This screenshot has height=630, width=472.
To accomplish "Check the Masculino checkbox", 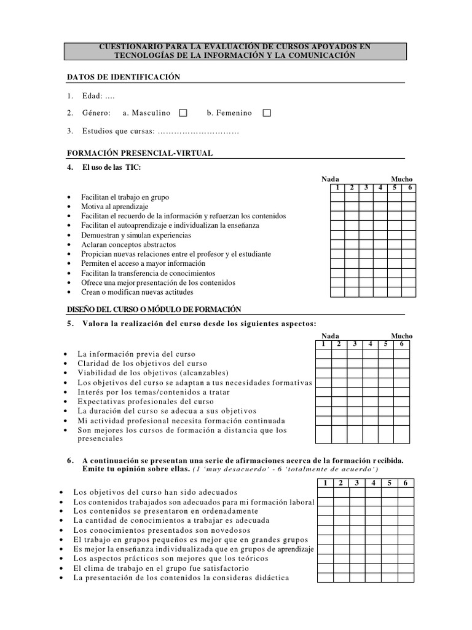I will pos(183,113).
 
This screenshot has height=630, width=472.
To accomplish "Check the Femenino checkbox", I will pos(266,113).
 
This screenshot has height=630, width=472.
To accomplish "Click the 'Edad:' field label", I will pos(93,96).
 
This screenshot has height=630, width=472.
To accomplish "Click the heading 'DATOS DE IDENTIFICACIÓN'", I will pos(123,77).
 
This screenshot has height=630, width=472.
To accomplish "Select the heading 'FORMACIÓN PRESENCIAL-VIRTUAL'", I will pos(140,153).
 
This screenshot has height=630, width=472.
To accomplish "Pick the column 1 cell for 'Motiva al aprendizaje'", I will pos(337,207).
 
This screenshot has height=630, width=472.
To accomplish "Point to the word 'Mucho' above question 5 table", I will pos(402,336).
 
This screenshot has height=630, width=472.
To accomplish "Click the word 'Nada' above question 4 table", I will pos(330,179).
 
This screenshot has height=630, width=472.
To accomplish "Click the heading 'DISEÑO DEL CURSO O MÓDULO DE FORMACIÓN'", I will pos(154,309).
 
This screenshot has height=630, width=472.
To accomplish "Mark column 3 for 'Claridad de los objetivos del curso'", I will pos(354,364).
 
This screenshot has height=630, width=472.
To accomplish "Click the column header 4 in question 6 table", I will pos(372,483).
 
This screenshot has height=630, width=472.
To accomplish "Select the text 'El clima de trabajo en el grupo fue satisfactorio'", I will pos(161,568).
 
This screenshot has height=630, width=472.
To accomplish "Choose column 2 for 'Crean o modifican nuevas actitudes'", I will pos(352,292).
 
